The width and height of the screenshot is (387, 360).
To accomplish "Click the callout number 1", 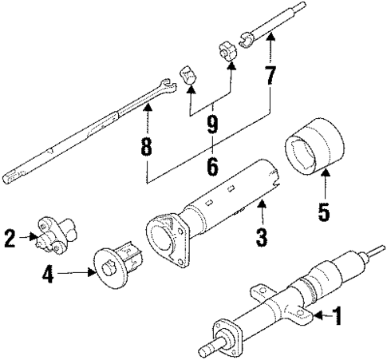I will [x=337, y=317].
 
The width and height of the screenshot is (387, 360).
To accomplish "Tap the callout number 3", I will [x=261, y=238].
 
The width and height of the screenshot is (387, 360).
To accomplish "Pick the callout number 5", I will [x=323, y=212].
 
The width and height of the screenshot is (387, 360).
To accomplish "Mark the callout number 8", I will [x=147, y=148].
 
